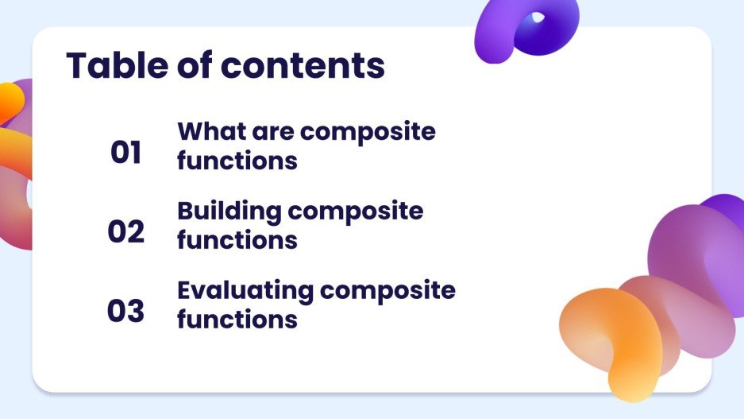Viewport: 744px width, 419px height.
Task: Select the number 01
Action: pyautogui.click(x=125, y=153)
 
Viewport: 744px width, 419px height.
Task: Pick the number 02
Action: pyautogui.click(x=125, y=232)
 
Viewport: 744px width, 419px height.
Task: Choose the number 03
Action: pyautogui.click(x=125, y=312)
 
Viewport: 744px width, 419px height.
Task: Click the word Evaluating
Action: pyautogui.click(x=245, y=290)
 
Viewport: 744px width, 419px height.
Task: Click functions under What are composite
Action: pyautogui.click(x=237, y=161)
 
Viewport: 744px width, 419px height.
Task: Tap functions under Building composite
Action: pyautogui.click(x=237, y=239)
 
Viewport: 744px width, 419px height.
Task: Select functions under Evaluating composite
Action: pyautogui.click(x=237, y=319)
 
